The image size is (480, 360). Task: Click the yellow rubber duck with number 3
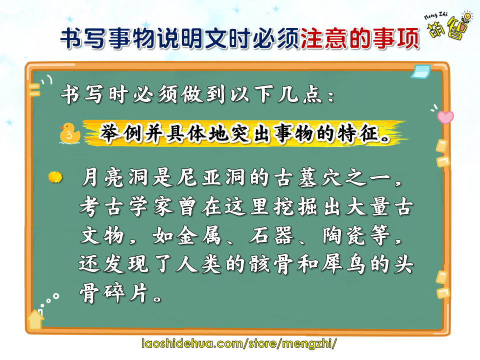[70, 133]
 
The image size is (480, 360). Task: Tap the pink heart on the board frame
[445, 117]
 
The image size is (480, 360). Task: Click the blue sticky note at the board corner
[420, 72]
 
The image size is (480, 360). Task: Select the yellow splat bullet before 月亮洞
[55, 177]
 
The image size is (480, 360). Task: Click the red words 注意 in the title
[323, 38]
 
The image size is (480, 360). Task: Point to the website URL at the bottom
[239, 343]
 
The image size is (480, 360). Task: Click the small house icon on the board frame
[36, 319]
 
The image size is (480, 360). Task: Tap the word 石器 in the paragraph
[271, 235]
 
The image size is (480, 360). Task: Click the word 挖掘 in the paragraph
[295, 206]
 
